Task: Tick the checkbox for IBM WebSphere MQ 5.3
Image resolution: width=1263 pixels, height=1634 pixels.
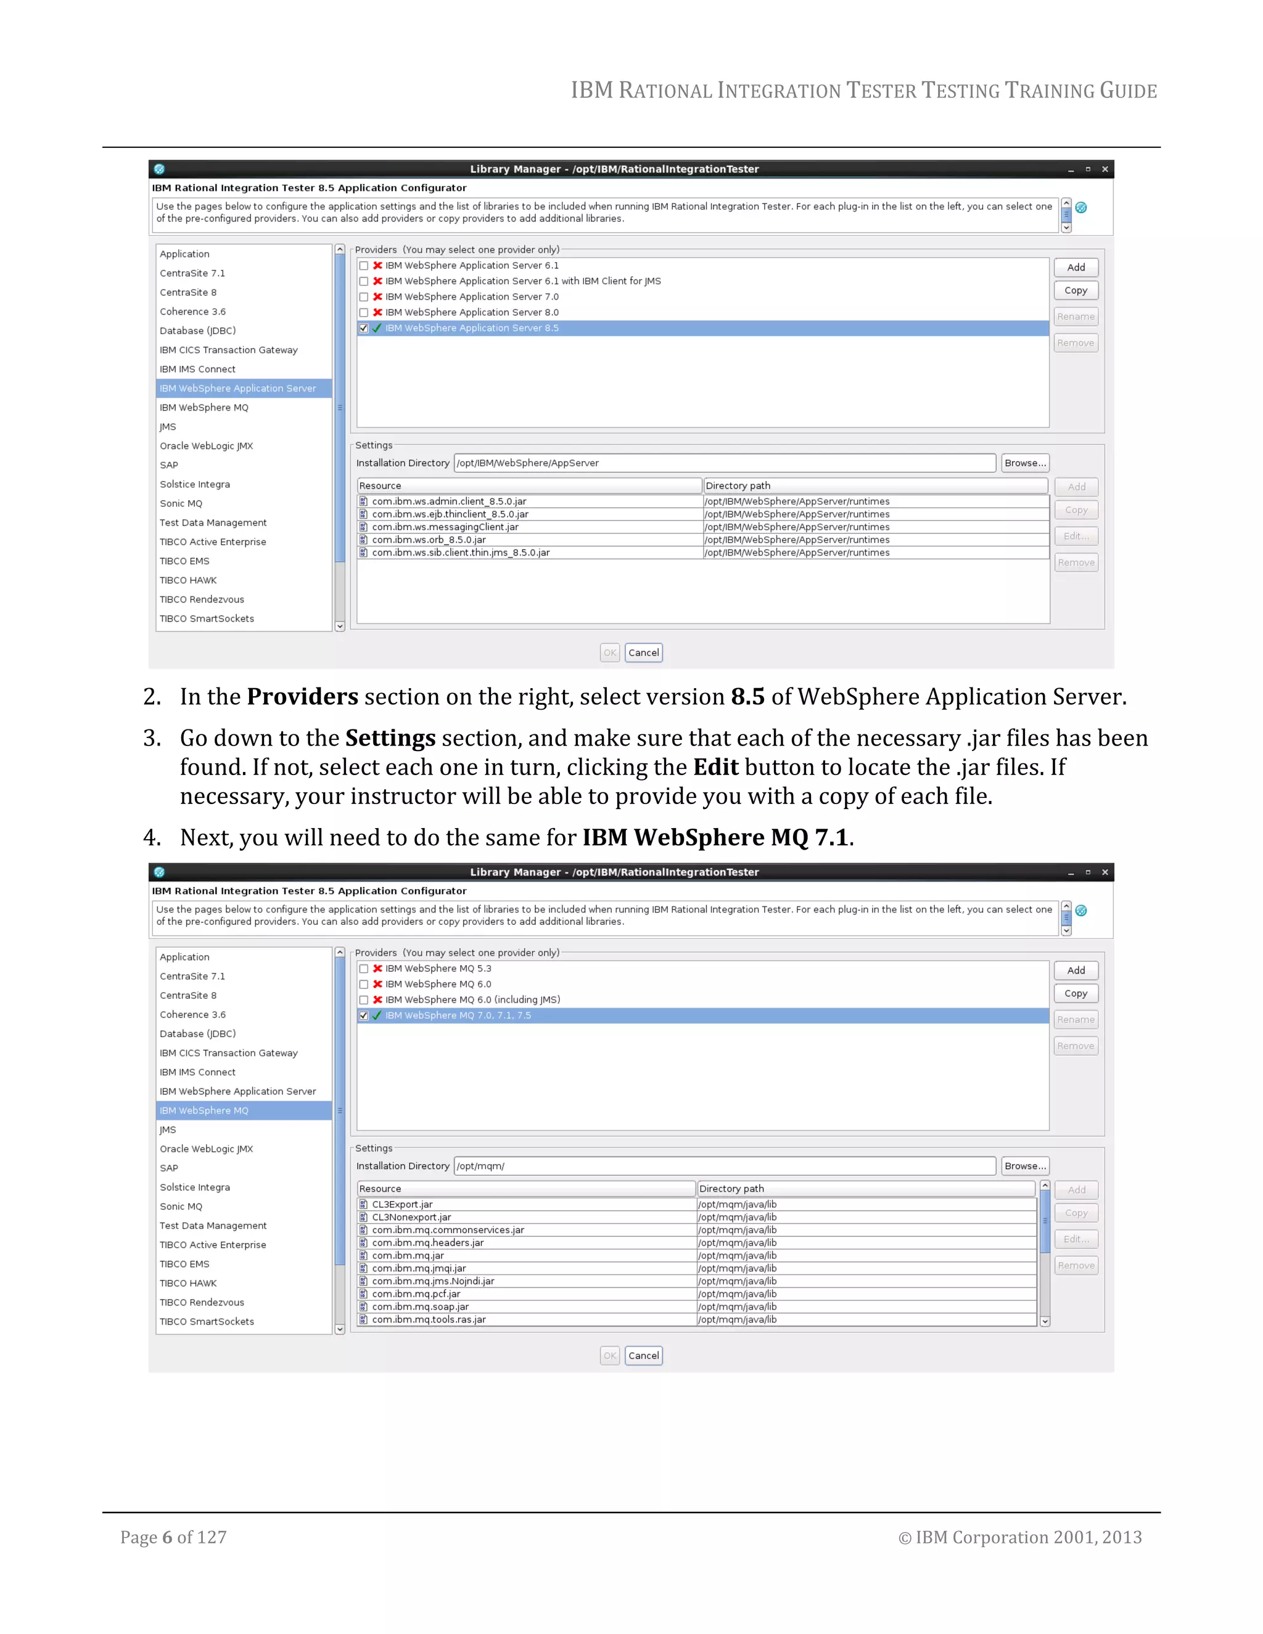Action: (364, 969)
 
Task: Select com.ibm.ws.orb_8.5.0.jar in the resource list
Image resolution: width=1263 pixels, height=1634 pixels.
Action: (429, 540)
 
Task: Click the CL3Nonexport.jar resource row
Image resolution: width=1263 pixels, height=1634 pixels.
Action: (411, 1217)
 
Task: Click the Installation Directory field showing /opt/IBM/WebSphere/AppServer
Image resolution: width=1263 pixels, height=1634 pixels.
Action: (723, 463)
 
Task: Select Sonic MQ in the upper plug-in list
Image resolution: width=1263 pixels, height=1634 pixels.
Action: (181, 504)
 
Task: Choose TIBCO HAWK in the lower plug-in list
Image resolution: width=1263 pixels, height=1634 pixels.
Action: (188, 1283)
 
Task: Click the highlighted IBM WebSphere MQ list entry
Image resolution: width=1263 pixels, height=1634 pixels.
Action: (204, 1111)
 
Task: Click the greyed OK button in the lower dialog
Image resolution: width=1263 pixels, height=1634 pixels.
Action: (610, 1356)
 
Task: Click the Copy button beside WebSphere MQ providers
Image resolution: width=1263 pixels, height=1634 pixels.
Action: (1075, 993)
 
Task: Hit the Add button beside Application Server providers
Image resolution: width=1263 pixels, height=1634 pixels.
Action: (1075, 268)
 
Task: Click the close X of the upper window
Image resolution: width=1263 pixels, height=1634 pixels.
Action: (1105, 170)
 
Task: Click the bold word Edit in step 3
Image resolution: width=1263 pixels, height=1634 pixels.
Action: (715, 768)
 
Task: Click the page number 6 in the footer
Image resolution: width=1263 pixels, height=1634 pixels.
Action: (167, 1537)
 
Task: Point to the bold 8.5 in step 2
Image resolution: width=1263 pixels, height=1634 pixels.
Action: (747, 697)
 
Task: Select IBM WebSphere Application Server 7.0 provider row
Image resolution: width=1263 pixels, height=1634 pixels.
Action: (471, 297)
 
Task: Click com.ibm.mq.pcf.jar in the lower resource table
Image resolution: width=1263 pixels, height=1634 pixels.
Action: (416, 1294)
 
